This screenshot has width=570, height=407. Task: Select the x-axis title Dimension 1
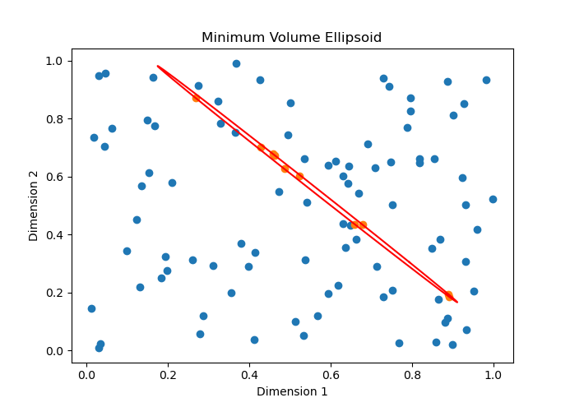292,391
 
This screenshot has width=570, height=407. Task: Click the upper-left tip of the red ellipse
157,66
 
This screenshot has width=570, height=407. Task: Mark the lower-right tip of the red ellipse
457,302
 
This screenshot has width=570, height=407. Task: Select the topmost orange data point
196,98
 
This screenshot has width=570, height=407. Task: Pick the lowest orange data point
449,294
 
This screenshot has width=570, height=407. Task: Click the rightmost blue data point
493,199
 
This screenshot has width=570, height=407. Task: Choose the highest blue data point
236,63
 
